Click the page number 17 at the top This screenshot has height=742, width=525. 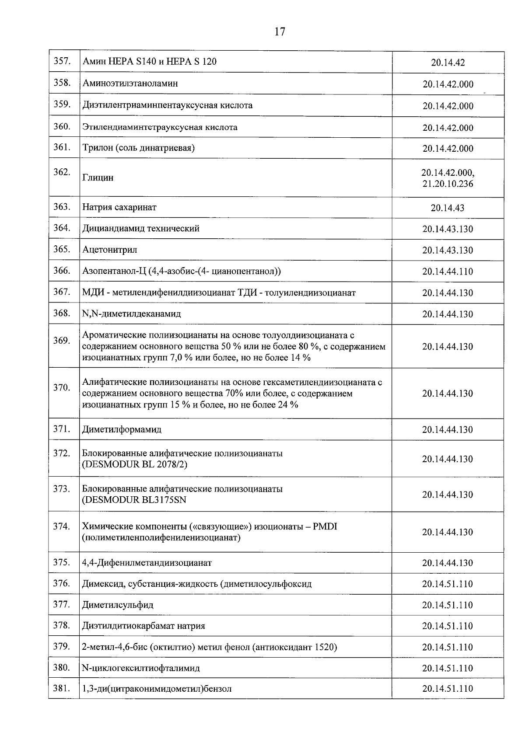(280, 31)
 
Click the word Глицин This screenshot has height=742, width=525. (98, 178)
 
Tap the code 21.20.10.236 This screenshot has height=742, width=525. (448, 184)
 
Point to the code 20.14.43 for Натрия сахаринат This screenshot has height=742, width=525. (448, 208)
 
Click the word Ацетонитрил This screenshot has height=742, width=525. (110, 250)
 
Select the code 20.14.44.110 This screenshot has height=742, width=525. (448, 272)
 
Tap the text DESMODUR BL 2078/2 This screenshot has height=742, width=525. (134, 464)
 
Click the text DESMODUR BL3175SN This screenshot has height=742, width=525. (134, 500)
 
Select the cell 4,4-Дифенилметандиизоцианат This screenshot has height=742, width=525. (147, 563)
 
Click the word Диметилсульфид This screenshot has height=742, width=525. (118, 605)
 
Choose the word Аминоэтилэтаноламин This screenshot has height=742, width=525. (130, 84)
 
